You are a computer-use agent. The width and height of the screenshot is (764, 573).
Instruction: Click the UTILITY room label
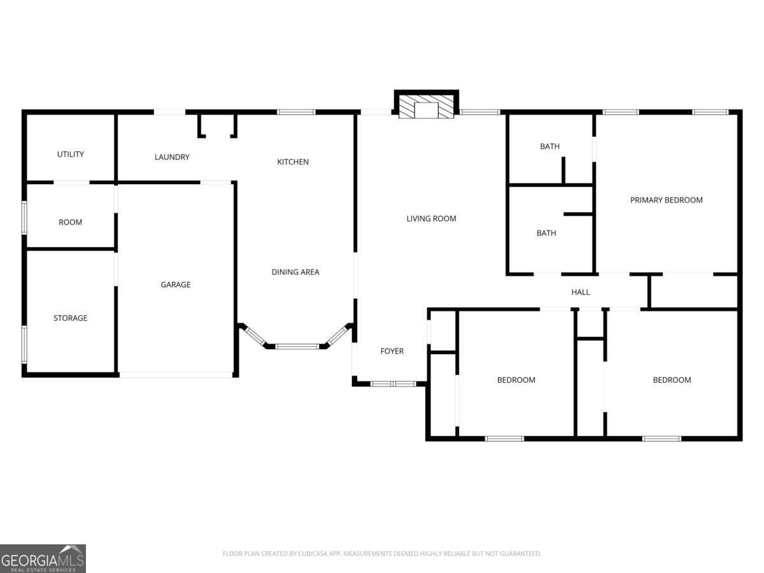(x=70, y=154)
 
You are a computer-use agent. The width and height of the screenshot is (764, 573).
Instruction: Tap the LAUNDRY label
(x=172, y=157)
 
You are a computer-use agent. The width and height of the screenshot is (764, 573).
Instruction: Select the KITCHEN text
(x=293, y=162)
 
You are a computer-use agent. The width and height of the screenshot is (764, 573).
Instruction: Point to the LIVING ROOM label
(x=431, y=218)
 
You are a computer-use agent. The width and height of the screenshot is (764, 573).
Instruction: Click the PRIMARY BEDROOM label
(x=666, y=200)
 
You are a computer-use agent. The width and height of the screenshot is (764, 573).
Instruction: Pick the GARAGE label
(x=175, y=285)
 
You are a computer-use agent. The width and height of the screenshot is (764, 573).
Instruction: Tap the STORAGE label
(x=70, y=318)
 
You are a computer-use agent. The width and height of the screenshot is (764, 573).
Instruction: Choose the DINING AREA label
(x=295, y=272)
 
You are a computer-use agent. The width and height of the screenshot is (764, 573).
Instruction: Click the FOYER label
(x=392, y=351)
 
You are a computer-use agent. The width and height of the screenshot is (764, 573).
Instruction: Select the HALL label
(x=580, y=292)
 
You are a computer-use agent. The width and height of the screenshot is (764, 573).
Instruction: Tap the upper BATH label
(x=549, y=146)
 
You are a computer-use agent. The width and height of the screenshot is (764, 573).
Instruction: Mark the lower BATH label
(x=546, y=233)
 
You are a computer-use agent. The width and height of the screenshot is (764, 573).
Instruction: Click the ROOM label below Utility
(x=70, y=222)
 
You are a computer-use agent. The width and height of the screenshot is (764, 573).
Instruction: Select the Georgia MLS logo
(x=43, y=558)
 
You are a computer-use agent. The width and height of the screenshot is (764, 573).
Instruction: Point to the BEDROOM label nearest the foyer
(x=516, y=380)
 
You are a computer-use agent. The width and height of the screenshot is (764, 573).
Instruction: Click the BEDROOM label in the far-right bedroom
(x=672, y=380)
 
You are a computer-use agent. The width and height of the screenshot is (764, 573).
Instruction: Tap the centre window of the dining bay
(x=296, y=346)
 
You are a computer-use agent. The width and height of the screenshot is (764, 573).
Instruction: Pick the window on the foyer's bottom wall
(x=393, y=384)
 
